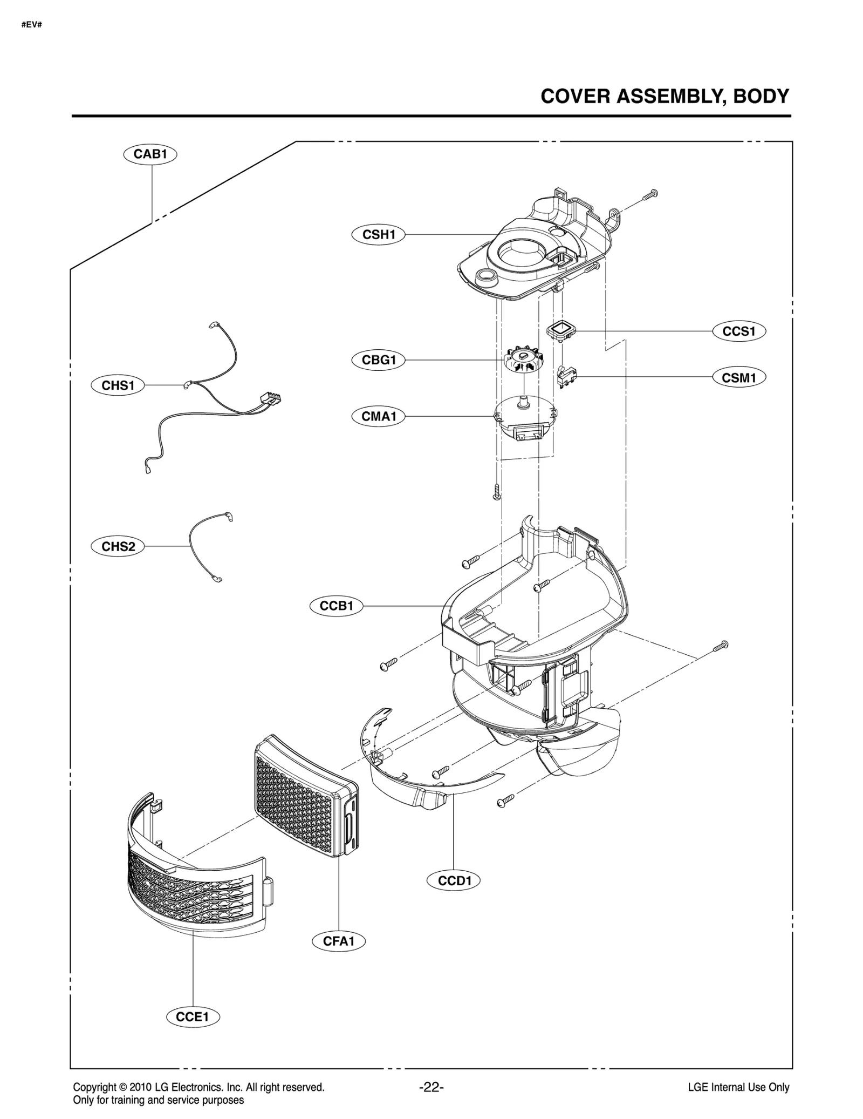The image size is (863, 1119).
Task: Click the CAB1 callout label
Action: (x=150, y=154)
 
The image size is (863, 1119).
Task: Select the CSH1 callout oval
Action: (x=378, y=234)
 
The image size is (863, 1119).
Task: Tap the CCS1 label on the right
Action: (x=738, y=331)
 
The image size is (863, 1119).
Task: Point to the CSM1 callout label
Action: (x=738, y=377)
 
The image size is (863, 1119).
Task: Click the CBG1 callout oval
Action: (x=378, y=360)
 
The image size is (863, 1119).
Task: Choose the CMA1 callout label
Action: (x=378, y=416)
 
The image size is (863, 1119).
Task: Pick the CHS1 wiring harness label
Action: (x=118, y=385)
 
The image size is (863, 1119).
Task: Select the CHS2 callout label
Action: (x=118, y=546)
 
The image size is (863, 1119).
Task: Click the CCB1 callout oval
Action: (x=336, y=606)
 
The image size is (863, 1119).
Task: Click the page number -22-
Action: (x=431, y=1087)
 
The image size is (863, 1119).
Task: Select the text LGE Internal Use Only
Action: (x=738, y=1088)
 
